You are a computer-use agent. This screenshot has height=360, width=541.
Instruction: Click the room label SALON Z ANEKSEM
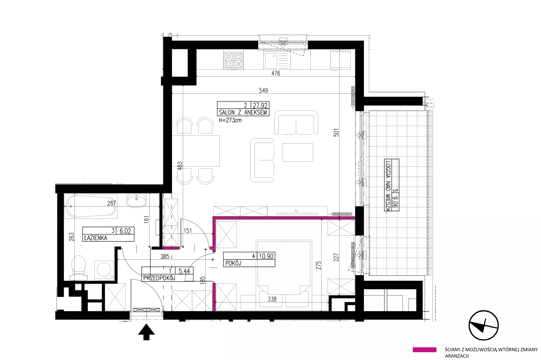tap(243, 113)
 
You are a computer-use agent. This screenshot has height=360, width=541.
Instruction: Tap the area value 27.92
tap(260, 105)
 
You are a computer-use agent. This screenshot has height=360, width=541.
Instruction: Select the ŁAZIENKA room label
tap(95, 238)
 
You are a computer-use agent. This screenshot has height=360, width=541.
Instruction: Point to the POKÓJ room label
tap(233, 263)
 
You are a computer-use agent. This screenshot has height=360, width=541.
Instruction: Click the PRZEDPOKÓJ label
tap(159, 278)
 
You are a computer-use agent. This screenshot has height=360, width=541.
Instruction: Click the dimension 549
tap(263, 90)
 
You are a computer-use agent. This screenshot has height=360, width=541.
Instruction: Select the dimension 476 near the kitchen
tap(276, 73)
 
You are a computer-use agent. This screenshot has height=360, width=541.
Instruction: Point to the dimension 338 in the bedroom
tap(272, 299)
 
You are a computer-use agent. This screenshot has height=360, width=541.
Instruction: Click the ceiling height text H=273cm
tap(230, 120)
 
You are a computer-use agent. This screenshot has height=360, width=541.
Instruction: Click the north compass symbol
tap(484, 325)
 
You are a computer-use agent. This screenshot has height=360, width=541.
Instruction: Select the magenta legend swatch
tap(424, 350)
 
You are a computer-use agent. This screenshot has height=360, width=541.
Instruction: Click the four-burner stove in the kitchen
tap(233, 61)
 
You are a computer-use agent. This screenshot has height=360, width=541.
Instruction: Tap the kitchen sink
tap(276, 61)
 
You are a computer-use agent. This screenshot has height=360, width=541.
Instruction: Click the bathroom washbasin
tap(136, 201)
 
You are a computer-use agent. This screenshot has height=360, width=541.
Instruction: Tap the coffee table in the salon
tap(298, 152)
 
